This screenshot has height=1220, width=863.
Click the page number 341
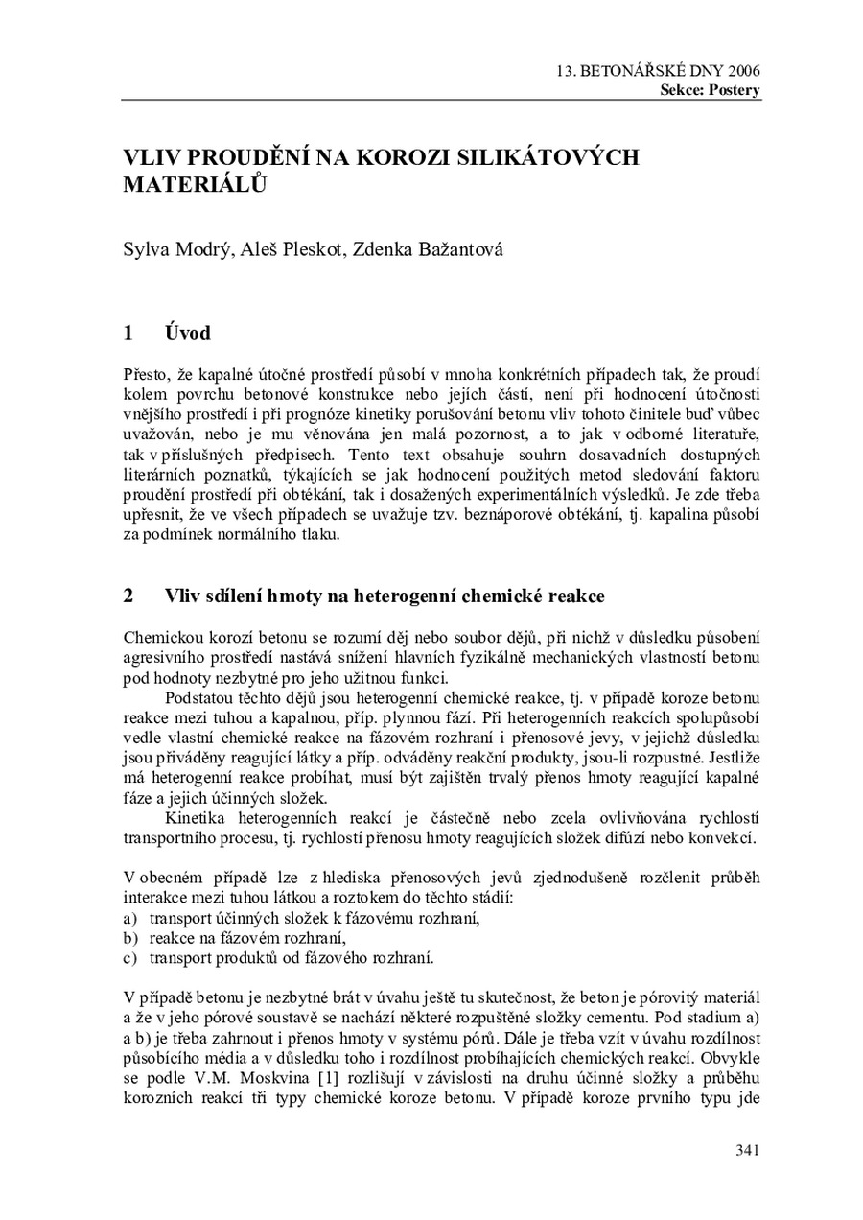click(748, 1150)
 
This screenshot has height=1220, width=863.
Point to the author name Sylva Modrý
click(175, 251)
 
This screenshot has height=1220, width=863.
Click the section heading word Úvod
click(187, 334)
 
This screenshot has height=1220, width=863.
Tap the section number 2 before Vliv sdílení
click(128, 596)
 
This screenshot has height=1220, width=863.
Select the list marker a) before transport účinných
click(130, 918)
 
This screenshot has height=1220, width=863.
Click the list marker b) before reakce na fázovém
click(130, 937)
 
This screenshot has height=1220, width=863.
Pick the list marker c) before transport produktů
click(130, 956)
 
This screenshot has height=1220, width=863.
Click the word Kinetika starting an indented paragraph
click(195, 818)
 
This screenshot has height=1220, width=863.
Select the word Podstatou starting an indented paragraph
click(199, 697)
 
